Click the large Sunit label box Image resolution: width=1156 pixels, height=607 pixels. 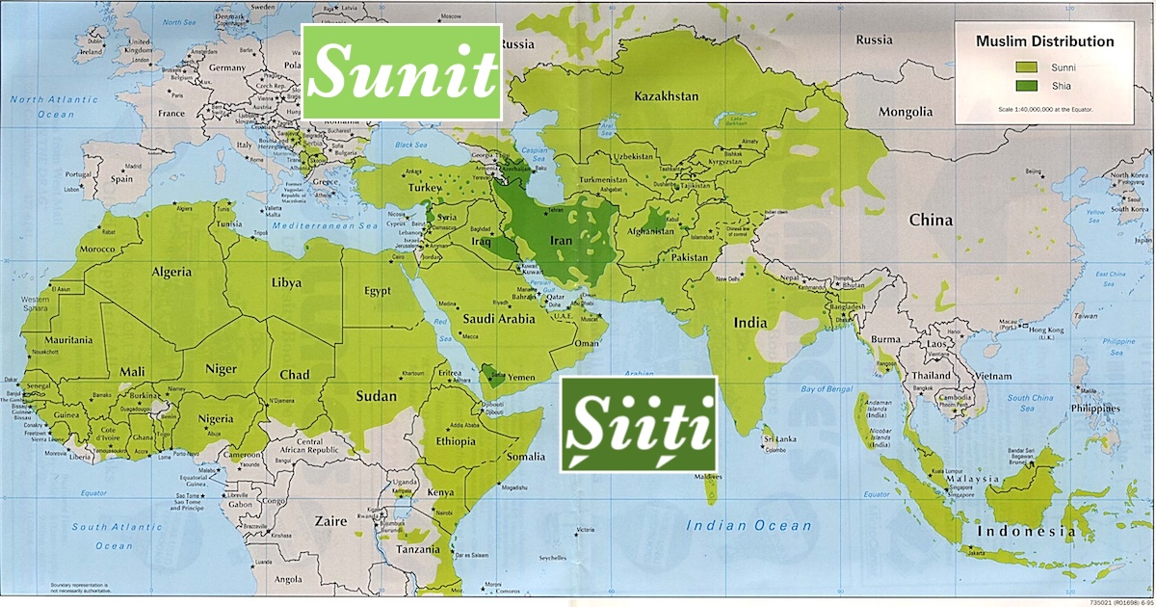pos(402,72)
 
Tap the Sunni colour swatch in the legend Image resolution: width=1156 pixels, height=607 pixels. pos(1026,66)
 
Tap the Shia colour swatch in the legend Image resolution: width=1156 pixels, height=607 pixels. pos(1026,86)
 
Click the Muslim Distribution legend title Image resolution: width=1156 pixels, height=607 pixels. pos(1044,41)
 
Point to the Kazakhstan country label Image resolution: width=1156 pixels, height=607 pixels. pos(667,96)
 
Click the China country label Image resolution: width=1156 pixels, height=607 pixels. pos(931,220)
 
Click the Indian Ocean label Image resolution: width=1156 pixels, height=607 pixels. pos(749,525)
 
